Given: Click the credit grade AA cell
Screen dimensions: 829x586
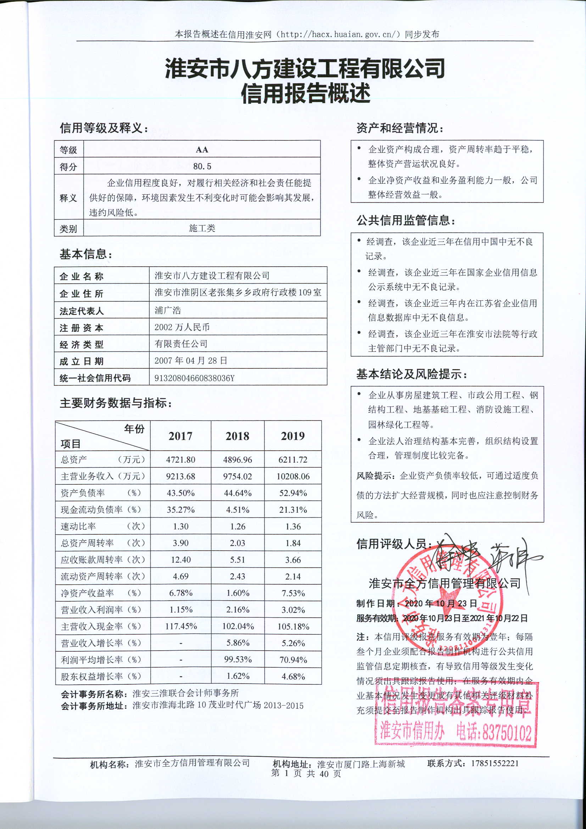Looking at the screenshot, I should tap(202, 150).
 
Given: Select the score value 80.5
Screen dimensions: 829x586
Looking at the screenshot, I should tap(202, 166).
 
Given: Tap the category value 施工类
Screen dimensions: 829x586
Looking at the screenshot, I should tap(202, 228).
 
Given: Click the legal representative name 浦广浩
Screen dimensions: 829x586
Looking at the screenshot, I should tap(168, 310).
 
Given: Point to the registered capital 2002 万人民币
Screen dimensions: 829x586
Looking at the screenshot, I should tap(182, 327).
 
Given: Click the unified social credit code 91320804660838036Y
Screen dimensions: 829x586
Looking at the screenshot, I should tap(195, 378).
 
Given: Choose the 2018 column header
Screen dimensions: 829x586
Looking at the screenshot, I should tap(238, 436).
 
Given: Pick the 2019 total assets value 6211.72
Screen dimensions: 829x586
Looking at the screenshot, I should tap(293, 460).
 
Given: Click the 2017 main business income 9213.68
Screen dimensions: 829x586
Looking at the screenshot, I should tap(180, 476).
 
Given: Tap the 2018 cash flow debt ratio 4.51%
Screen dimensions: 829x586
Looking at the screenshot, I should tap(238, 510).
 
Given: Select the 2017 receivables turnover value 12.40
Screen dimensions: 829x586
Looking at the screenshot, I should tap(180, 560).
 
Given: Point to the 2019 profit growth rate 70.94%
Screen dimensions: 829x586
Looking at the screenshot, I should tap(293, 660).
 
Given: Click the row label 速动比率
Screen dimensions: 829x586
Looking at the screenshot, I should tap(78, 527).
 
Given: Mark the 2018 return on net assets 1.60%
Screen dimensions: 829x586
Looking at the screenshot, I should tap(238, 593).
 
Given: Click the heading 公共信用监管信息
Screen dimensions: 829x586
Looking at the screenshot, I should tap(406, 220).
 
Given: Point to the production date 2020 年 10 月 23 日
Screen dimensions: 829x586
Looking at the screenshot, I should tap(441, 603).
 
